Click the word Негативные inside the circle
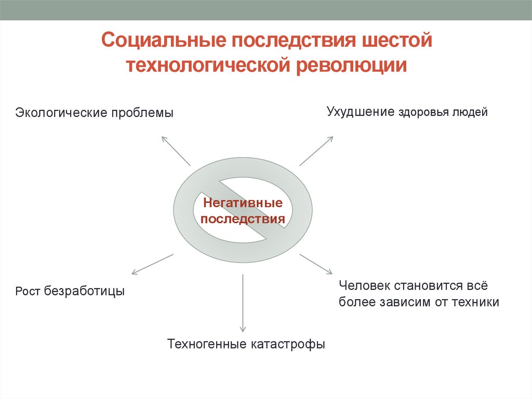pyautogui.click(x=243, y=202)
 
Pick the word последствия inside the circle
pyautogui.click(x=243, y=219)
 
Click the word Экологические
pyautogui.click(x=61, y=113)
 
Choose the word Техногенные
pyautogui.click(x=208, y=344)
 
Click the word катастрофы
pyautogui.click(x=289, y=344)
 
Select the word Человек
pyautogui.click(x=366, y=285)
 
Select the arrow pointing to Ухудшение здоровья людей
pyautogui.click(x=316, y=151)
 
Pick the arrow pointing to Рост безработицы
pyautogui.click(x=152, y=264)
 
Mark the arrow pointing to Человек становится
pyautogui.click(x=316, y=264)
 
